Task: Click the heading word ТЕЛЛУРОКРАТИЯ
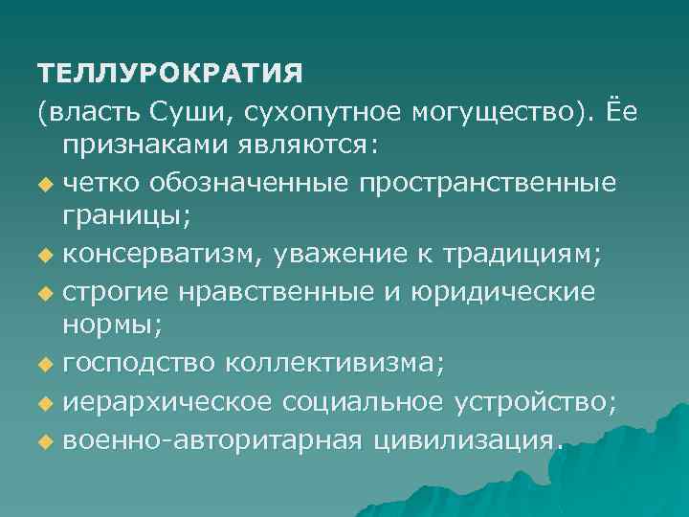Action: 170,73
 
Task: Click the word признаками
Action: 141,146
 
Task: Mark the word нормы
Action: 111,325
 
